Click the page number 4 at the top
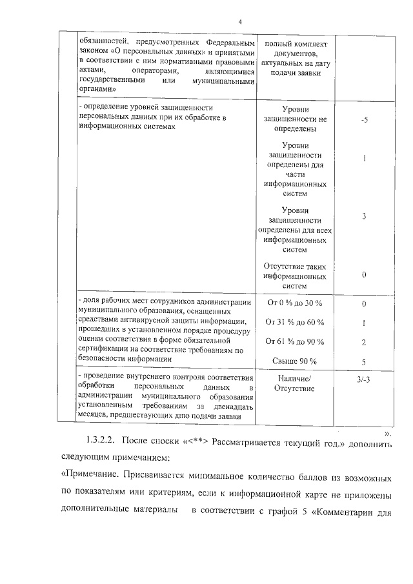239,22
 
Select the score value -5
365,121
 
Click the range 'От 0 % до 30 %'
295,303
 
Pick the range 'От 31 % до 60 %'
295,323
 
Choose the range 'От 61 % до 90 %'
295,342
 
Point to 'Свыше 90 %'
294,361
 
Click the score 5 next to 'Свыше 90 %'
365,361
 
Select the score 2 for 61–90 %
365,342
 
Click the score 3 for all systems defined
365,216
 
